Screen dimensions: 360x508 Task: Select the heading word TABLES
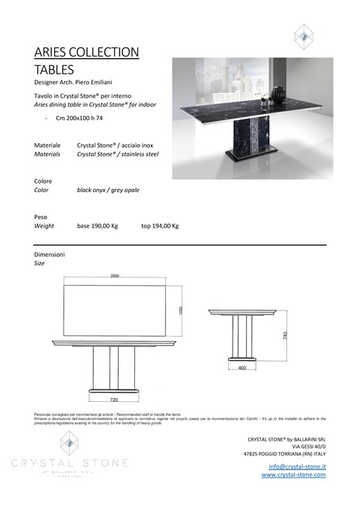click(54, 69)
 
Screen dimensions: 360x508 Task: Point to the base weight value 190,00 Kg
click(97, 226)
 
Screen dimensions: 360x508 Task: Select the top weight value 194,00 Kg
click(160, 226)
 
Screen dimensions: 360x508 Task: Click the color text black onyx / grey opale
click(108, 189)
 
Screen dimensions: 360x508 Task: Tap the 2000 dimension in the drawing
click(115, 275)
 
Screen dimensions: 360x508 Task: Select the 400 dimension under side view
click(241, 368)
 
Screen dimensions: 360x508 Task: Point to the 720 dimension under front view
click(113, 400)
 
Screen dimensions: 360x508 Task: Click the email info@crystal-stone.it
click(297, 466)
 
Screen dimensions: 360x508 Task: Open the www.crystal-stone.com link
click(293, 475)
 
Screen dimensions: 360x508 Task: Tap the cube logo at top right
click(303, 35)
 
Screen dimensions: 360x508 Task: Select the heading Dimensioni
click(50, 254)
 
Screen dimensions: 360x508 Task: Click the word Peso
click(41, 217)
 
